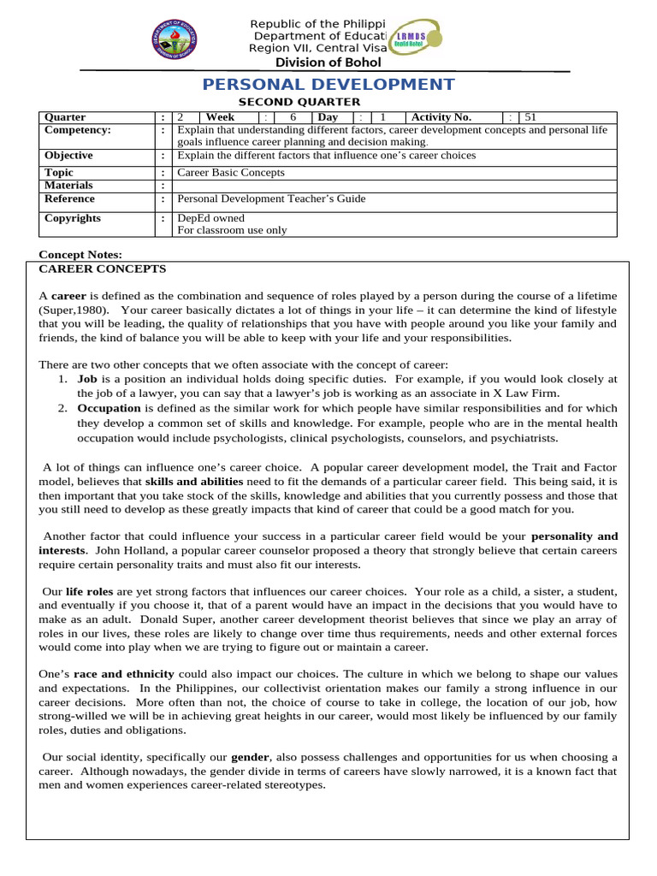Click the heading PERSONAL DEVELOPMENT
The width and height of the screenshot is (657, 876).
(x=328, y=84)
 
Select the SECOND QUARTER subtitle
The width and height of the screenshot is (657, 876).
(x=287, y=103)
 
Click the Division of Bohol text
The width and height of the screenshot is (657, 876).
(x=328, y=62)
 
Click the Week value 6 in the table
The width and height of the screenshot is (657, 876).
(x=293, y=117)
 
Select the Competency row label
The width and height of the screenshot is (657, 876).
(x=78, y=130)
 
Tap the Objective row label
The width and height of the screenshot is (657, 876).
(x=68, y=156)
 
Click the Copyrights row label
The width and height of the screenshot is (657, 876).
(x=73, y=218)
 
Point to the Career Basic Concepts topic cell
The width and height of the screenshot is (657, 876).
(x=230, y=172)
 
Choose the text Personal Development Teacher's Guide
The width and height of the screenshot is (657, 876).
(x=270, y=198)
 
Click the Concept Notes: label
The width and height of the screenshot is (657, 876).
(x=80, y=255)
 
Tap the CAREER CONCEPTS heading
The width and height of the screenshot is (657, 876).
(x=103, y=268)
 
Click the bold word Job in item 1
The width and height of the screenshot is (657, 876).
(x=87, y=378)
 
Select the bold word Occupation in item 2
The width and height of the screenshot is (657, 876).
(x=109, y=409)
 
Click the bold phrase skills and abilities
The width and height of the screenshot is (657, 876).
(x=193, y=482)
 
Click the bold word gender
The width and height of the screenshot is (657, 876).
(x=251, y=757)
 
